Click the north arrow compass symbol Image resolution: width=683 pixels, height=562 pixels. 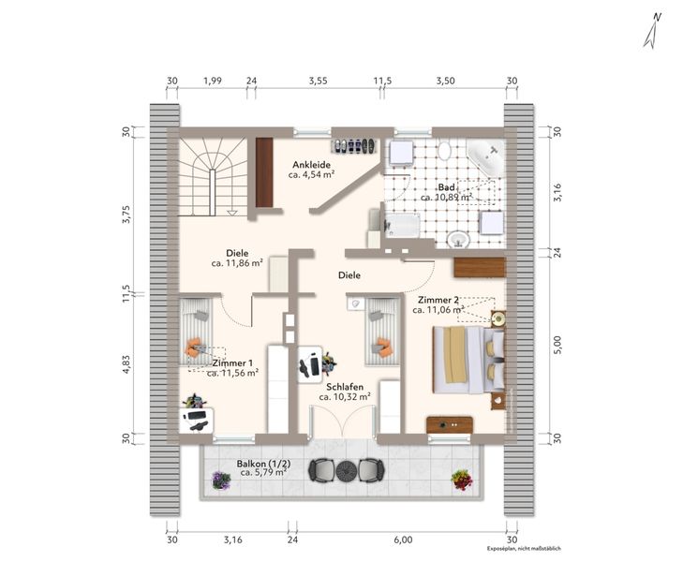coord(652,31)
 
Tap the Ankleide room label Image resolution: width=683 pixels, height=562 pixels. coord(311,165)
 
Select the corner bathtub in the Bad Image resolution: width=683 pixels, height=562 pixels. coord(484,157)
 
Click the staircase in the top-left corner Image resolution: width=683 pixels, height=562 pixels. coord(214,177)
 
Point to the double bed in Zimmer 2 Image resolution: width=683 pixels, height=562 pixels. coord(468,360)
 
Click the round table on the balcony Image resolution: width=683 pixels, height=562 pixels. coord(347,470)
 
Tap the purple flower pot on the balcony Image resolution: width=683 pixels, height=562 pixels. coord(221,481)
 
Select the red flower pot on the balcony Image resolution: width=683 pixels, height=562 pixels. coord(462,480)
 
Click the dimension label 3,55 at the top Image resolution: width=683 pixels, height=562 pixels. coord(318,81)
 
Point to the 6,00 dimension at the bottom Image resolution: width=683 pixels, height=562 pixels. coord(403,540)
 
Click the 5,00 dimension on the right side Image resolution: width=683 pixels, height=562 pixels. coord(557,345)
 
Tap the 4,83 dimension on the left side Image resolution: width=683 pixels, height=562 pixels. coord(126,364)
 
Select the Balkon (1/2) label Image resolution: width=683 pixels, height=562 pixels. coord(263,464)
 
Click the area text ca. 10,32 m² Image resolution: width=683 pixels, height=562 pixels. coord(345,397)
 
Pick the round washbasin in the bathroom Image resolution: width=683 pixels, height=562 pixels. coord(458,239)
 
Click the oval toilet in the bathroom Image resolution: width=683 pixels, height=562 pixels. coord(444,151)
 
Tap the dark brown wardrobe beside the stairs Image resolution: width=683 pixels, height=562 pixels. coord(264,172)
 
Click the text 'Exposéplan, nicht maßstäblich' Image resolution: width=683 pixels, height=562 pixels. coord(524,549)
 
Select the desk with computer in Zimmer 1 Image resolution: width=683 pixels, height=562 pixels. coord(197,420)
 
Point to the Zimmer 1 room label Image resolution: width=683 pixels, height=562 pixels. coord(232,363)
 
